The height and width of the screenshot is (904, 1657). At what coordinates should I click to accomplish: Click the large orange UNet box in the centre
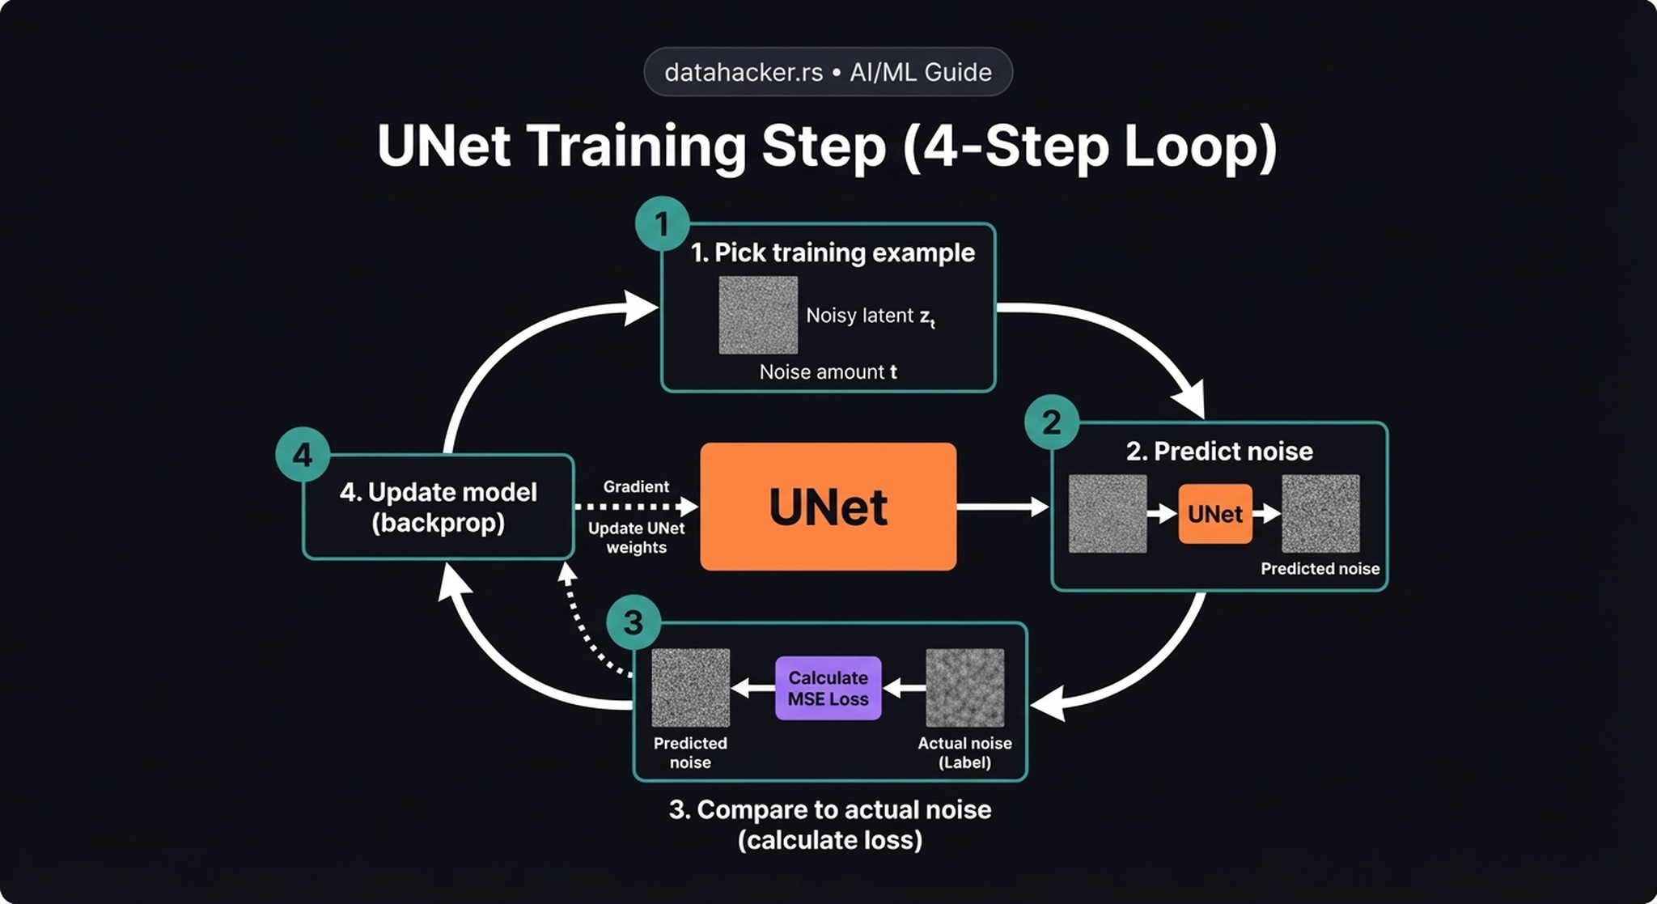(x=828, y=507)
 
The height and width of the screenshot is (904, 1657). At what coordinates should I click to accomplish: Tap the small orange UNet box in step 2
(x=1214, y=514)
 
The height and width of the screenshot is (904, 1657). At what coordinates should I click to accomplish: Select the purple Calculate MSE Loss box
(x=828, y=688)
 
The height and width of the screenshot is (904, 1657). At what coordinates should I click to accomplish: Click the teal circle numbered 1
(x=662, y=223)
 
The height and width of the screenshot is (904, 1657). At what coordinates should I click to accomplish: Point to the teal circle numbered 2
(x=1051, y=422)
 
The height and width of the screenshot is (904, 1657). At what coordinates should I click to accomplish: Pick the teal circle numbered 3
(x=634, y=622)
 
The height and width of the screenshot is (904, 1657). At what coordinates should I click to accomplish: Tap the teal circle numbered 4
(x=303, y=454)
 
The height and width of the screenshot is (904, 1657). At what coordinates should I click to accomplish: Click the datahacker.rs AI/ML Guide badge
(x=828, y=72)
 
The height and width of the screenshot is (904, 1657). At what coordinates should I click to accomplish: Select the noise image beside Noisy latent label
(x=758, y=315)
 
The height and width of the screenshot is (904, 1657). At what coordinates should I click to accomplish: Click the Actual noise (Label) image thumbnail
(x=964, y=688)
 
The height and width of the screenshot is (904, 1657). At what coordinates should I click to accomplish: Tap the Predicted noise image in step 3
(x=690, y=688)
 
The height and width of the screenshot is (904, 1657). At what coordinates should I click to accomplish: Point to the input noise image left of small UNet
(x=1107, y=514)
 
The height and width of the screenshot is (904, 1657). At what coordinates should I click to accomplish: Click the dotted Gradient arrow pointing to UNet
(x=635, y=507)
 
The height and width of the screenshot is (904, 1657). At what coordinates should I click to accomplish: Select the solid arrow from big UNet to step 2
(x=1002, y=507)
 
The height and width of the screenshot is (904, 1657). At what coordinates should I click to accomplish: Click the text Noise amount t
(x=828, y=372)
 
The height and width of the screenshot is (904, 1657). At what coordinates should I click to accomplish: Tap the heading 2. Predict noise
(x=1219, y=451)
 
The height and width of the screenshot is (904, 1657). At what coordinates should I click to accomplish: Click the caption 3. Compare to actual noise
(x=829, y=809)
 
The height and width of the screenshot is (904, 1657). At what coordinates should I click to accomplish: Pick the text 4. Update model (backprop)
(x=438, y=507)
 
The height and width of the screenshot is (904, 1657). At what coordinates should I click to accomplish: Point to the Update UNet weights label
(x=636, y=537)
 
